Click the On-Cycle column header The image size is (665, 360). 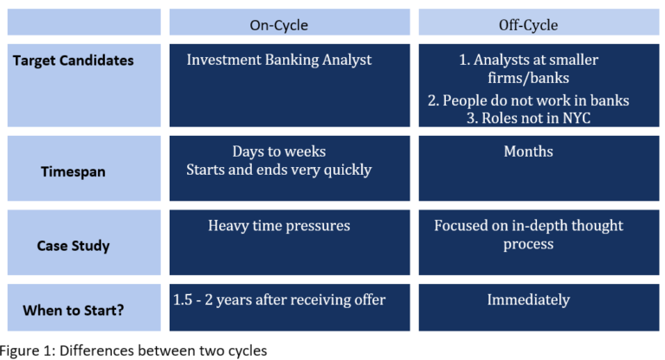click(x=279, y=25)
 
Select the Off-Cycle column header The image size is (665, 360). click(x=528, y=25)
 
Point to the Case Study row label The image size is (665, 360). click(x=73, y=246)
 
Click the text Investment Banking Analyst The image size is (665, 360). click(x=279, y=60)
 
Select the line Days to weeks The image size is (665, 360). click(x=279, y=151)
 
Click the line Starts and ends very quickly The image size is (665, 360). click(x=279, y=170)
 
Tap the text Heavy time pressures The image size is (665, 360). click(x=279, y=226)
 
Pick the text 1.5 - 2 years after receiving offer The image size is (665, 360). click(x=279, y=299)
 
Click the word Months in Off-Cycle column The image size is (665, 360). click(x=528, y=151)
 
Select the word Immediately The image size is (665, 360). click(x=528, y=299)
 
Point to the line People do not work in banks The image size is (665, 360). click(x=528, y=100)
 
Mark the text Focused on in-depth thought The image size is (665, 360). click(x=528, y=226)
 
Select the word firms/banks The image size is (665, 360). click(x=528, y=79)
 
